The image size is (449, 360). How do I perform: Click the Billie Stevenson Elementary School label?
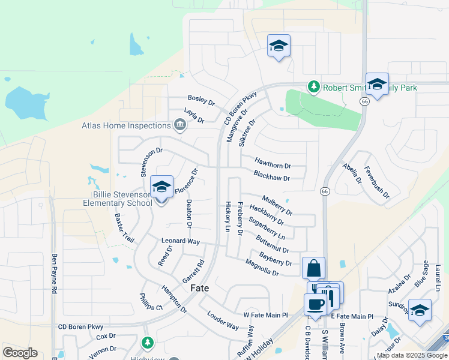coord(118,199)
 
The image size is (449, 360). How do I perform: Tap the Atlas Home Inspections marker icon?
coord(179,125)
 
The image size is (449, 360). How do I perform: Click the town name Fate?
coord(200,288)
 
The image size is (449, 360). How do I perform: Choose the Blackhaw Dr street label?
coord(271,177)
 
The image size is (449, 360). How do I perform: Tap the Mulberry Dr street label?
coord(277,205)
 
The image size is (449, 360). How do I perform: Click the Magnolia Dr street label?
coord(262,268)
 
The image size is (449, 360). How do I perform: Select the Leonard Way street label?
coord(181,241)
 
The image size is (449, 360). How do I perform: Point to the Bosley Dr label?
coord(201,99)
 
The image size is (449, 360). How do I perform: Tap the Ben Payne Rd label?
coord(54,273)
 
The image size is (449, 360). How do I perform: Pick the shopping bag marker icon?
coord(314,268)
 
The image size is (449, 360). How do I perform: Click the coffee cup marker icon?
coord(315,304)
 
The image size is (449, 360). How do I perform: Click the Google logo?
coord(20,353)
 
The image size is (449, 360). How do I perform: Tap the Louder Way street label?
coord(223,320)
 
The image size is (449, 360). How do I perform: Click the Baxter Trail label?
coord(124,227)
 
